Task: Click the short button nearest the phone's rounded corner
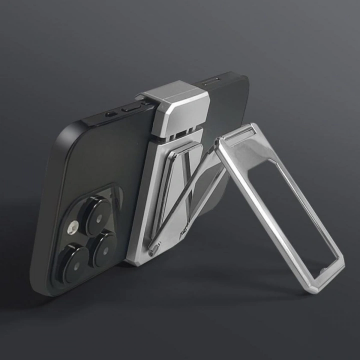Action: (111, 114)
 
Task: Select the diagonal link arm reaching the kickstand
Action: (185, 195)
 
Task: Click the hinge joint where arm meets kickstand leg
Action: (218, 145)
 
